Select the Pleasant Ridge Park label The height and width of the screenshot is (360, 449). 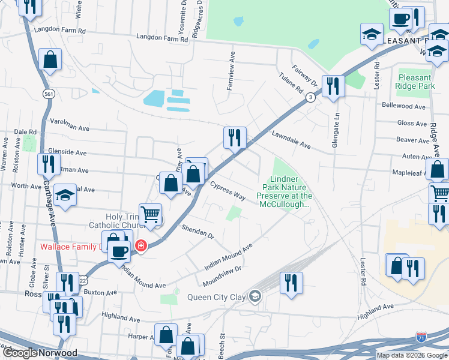tap(415, 82)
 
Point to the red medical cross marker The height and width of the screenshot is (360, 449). tap(140, 245)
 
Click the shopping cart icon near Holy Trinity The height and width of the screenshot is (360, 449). tap(150, 214)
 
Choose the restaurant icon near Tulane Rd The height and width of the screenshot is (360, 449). tap(332, 86)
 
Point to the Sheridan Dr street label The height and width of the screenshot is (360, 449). tap(199, 232)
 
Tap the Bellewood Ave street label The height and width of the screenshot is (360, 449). tap(404, 106)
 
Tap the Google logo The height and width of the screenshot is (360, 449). tap(19, 353)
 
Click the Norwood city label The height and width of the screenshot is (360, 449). tap(58, 353)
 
